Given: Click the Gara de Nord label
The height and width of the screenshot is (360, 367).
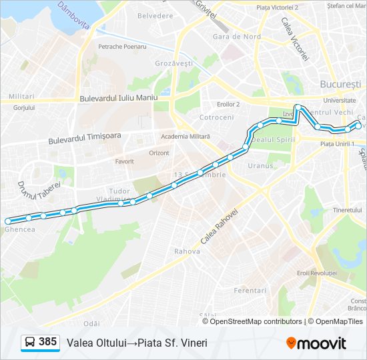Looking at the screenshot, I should coord(236,37).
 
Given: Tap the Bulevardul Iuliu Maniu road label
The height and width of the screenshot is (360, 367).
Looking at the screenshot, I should coord(118,98).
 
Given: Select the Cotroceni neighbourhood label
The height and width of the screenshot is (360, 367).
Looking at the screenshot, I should coord(217,117).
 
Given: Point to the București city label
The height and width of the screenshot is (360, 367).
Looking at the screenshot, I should coord(340,85).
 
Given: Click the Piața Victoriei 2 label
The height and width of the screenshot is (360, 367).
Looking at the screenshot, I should coord(278,7).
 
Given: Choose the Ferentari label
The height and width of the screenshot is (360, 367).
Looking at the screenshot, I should coord(250,291).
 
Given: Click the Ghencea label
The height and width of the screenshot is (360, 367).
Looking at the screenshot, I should coord(19,229).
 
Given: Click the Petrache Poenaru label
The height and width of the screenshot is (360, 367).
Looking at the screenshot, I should coord(122,47).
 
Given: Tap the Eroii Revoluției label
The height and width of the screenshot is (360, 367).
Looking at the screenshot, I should coord(317,273).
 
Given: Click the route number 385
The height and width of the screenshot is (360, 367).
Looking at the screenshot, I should coord(47,342).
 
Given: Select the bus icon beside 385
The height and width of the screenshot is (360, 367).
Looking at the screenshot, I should coord(30,343).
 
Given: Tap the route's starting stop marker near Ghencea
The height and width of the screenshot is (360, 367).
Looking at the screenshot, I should coord(8,221).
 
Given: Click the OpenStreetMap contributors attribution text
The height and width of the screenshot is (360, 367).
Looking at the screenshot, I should coord(256,321).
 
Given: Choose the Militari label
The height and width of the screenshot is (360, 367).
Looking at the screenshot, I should coord(22,97).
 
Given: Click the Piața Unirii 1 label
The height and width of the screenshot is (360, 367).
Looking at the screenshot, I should coord(337,143).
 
